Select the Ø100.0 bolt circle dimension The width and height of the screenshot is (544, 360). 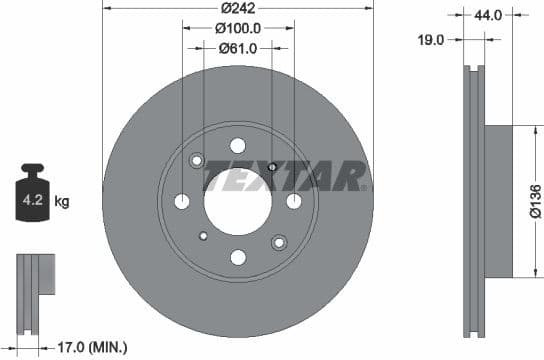pyautogui.click(x=238, y=29)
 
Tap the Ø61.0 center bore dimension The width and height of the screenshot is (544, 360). pyautogui.click(x=238, y=47)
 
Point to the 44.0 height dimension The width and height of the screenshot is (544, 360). pyautogui.click(x=487, y=16)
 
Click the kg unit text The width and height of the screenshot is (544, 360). pyautogui.click(x=62, y=202)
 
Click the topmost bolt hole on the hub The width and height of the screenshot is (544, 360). pyautogui.click(x=238, y=145)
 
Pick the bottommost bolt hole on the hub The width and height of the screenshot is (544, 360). pyautogui.click(x=238, y=257)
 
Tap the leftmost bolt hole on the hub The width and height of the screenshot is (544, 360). pyautogui.click(x=182, y=201)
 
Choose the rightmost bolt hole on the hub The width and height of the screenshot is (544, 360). pyautogui.click(x=294, y=201)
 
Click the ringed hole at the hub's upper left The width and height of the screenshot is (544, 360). pyautogui.click(x=197, y=161)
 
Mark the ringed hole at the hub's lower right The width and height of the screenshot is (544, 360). pyautogui.click(x=279, y=240)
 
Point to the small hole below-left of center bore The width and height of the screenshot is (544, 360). pyautogui.click(x=203, y=236)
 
